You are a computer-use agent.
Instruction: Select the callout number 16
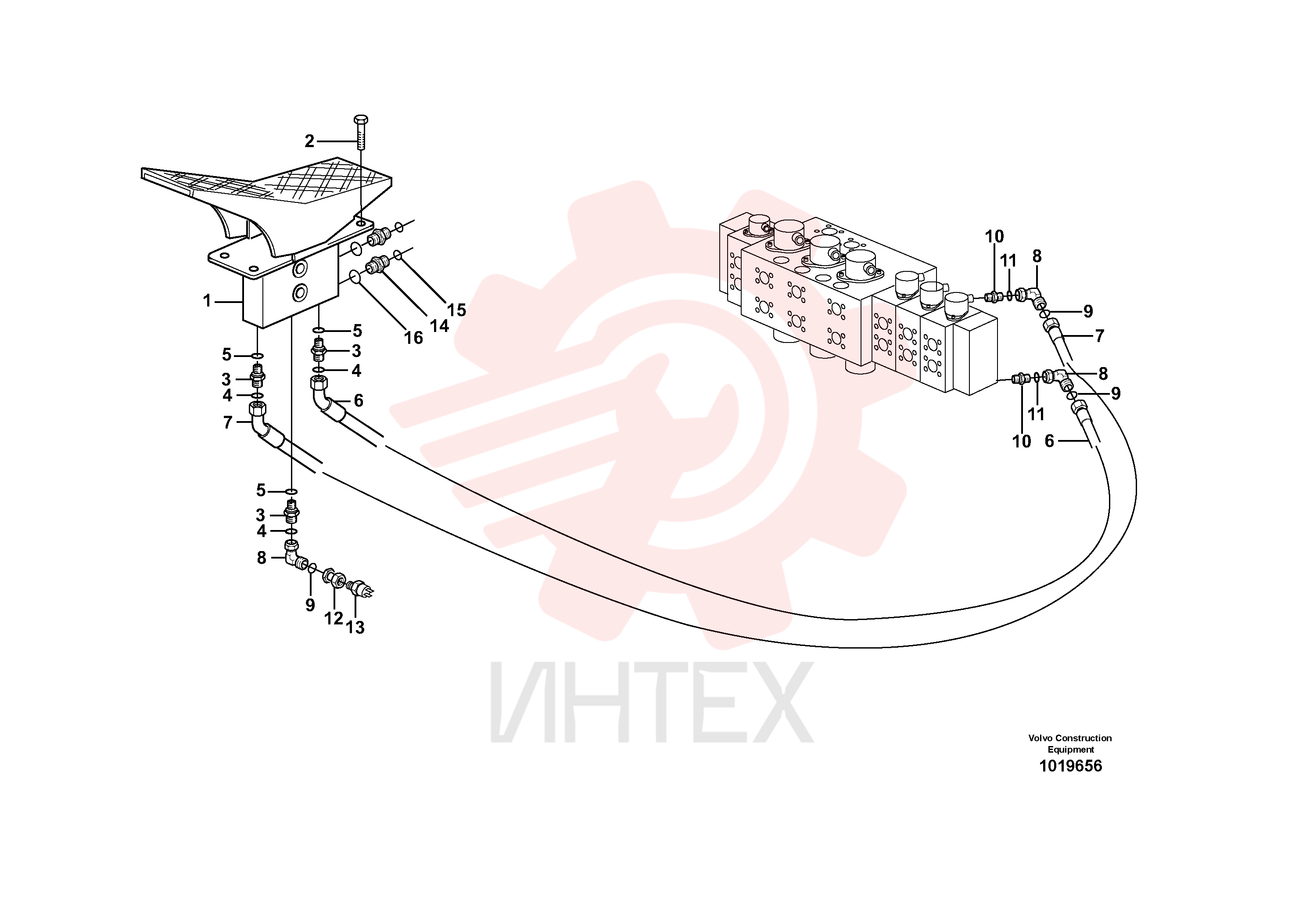pos(413,338)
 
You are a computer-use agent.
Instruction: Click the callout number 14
pos(439,326)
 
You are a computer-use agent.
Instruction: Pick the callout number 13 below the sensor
pos(355,627)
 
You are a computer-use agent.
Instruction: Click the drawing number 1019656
pos(1070,766)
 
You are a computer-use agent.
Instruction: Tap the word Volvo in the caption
pos(1040,738)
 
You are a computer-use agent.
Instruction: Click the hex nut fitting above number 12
pos(334,577)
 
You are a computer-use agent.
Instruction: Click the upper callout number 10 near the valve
pos(994,236)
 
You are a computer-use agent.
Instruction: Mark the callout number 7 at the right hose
pos(1099,336)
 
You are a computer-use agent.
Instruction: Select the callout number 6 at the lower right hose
pos(1049,441)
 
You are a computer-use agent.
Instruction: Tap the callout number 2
pos(309,141)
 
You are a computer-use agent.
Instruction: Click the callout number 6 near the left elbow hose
pos(359,400)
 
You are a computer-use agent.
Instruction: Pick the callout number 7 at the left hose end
pos(227,423)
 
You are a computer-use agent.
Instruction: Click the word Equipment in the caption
pos(1070,750)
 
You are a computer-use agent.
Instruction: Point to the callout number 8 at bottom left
pos(262,558)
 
